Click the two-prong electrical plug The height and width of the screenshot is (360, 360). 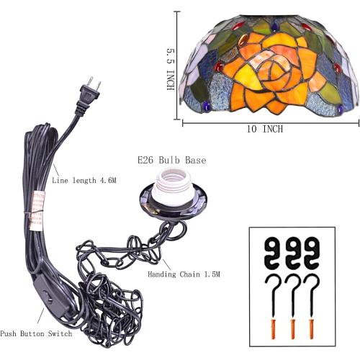[89, 96]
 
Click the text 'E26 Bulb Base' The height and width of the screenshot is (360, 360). [172, 161]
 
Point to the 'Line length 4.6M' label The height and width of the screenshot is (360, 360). [84, 180]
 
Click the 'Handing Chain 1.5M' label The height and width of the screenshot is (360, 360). [184, 274]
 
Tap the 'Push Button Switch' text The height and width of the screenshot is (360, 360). [36, 333]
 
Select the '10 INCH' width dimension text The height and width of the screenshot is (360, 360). [265, 129]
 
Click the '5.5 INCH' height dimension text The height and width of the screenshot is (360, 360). [171, 70]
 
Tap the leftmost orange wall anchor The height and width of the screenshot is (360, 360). [274, 329]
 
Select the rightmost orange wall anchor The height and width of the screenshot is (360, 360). [312, 329]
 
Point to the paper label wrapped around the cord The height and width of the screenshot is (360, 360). [37, 210]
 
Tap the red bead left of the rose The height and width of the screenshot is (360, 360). [218, 67]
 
